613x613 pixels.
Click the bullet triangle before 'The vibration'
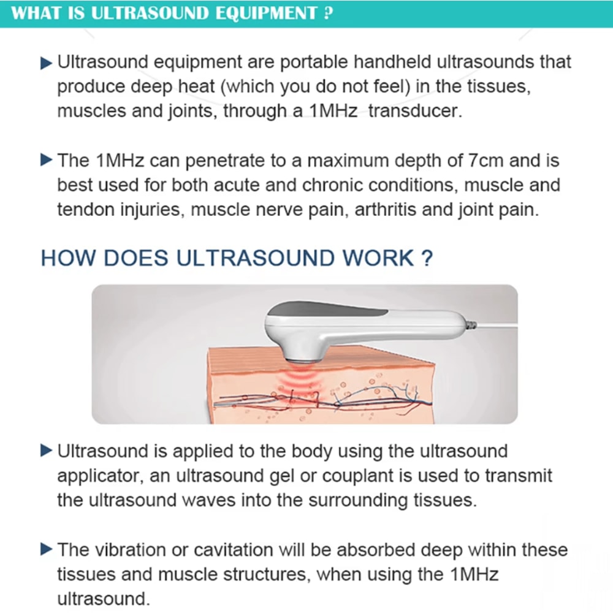pos(47,549)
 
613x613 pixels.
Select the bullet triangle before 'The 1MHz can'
pos(47,161)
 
